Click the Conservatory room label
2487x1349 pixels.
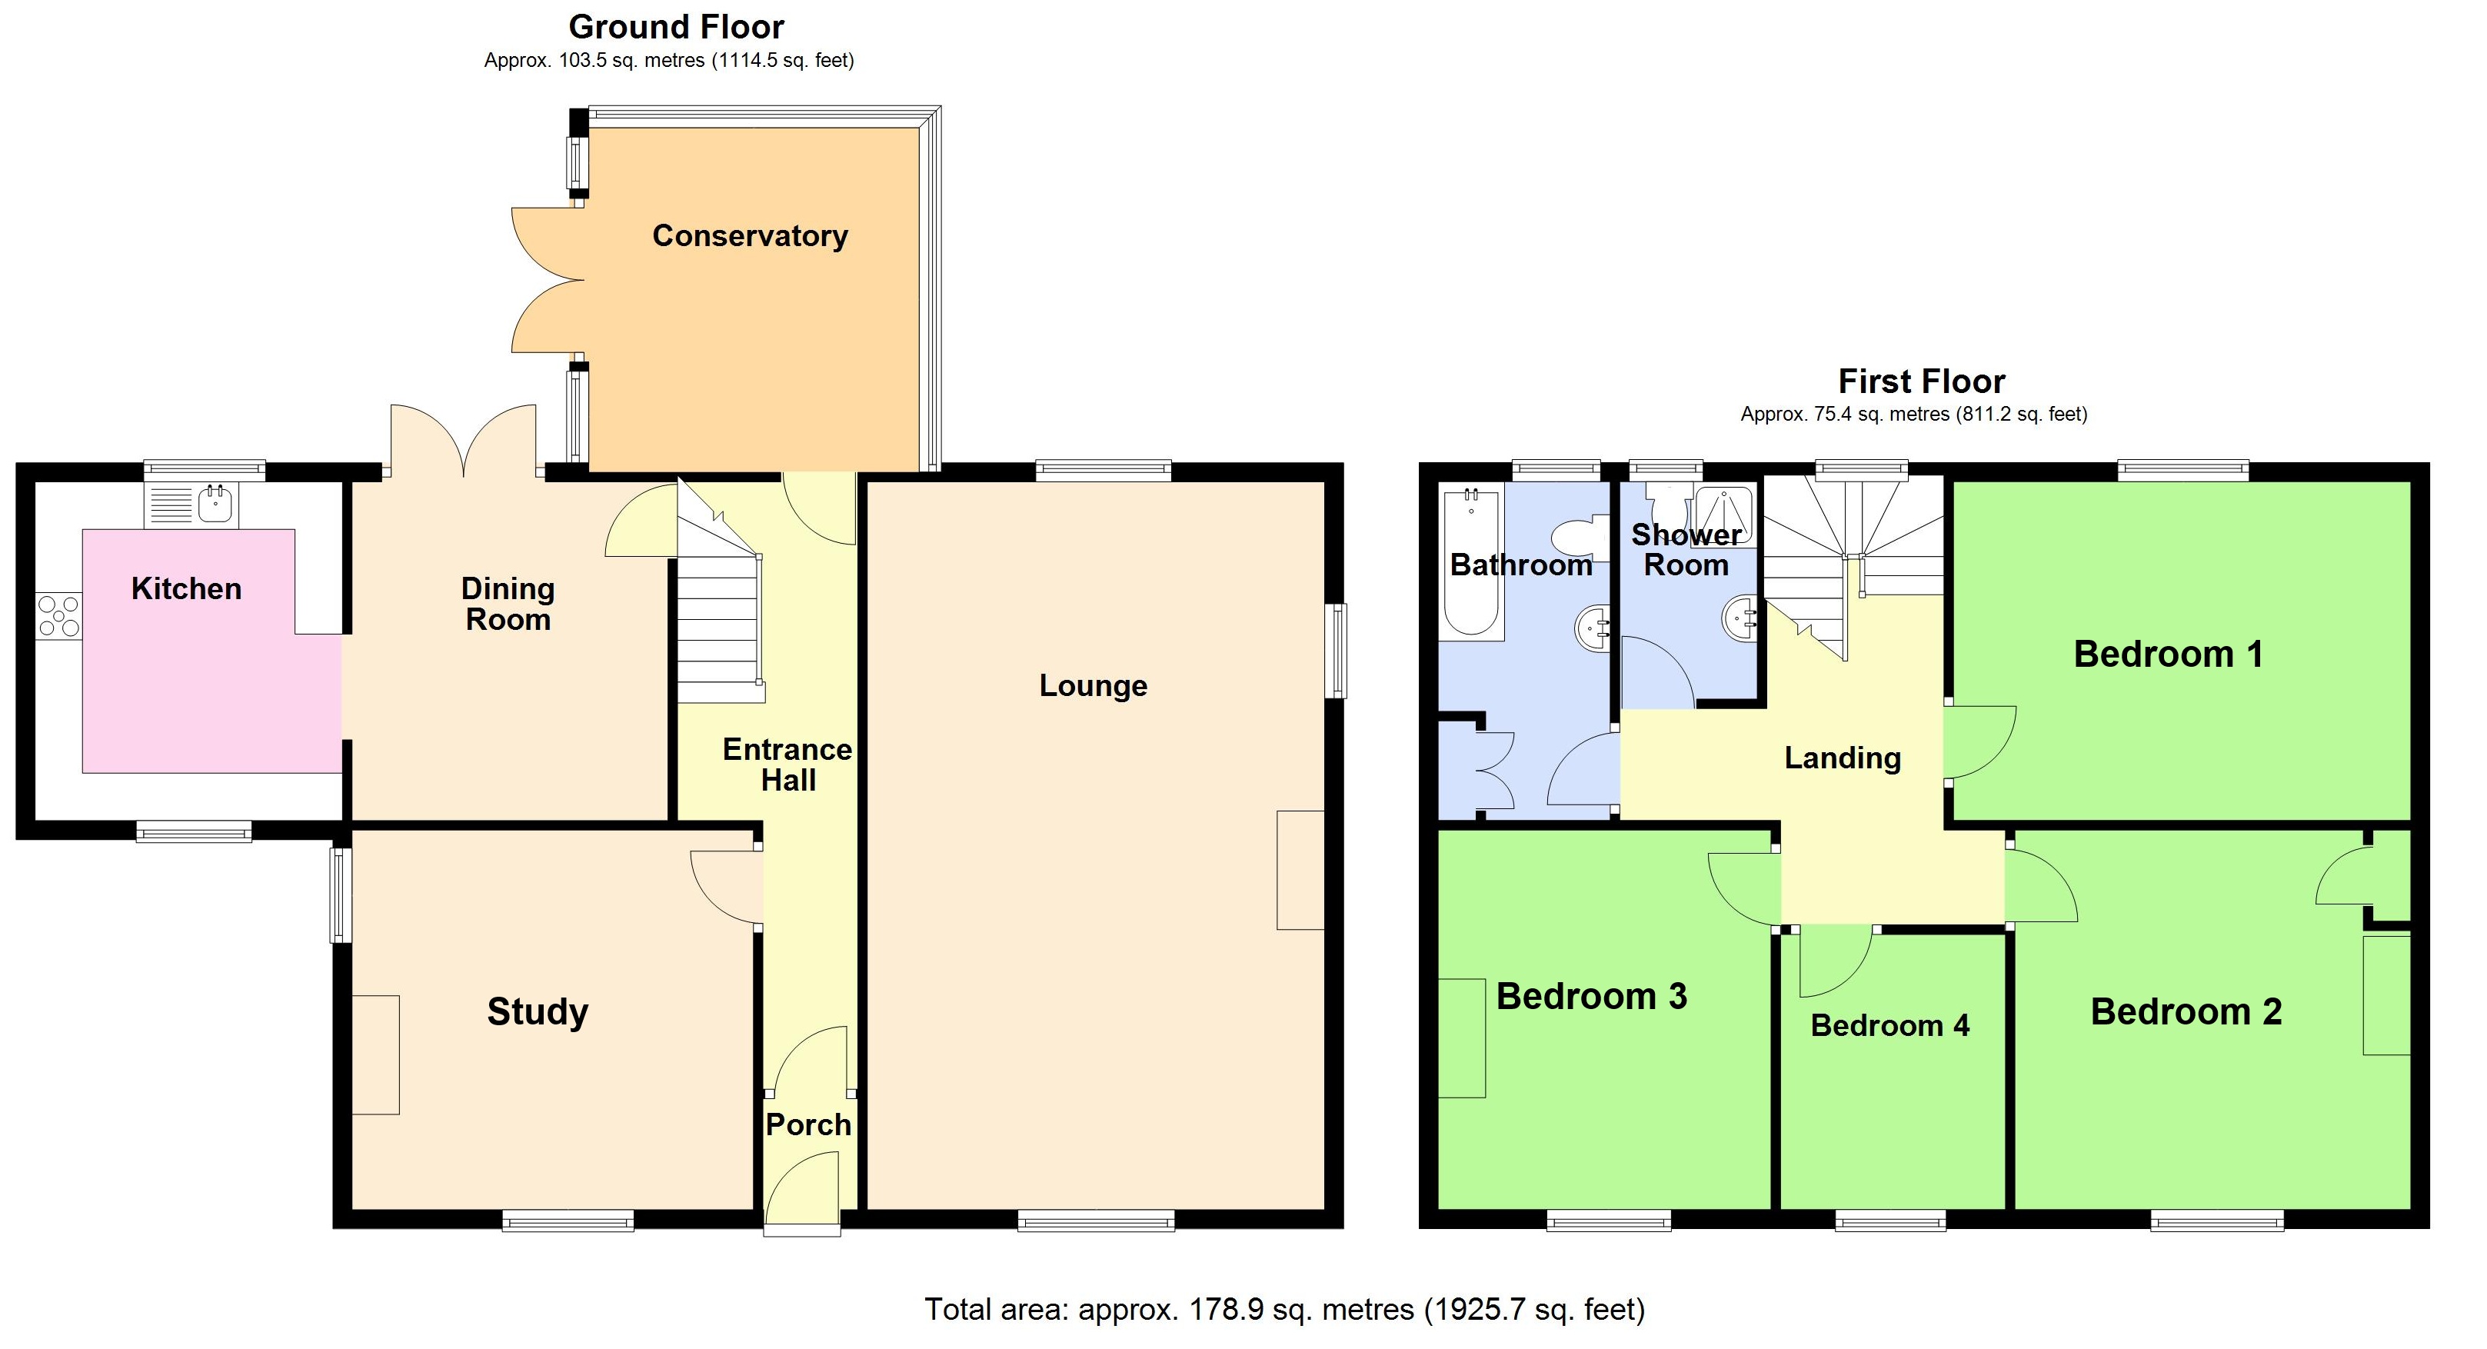tap(749, 235)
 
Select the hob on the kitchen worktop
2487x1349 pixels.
tap(59, 616)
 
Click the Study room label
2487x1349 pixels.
tap(537, 1011)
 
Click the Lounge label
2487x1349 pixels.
tap(1092, 685)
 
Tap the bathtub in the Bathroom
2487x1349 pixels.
tap(1470, 565)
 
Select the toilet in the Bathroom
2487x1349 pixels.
tap(1580, 537)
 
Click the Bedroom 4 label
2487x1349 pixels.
tap(1889, 1025)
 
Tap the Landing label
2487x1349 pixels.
tap(1841, 758)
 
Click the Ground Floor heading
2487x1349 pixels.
tap(676, 27)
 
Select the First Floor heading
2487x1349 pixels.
tap(1920, 381)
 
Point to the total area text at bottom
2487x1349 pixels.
tap(1284, 1310)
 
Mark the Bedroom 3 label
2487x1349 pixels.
tap(1590, 995)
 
